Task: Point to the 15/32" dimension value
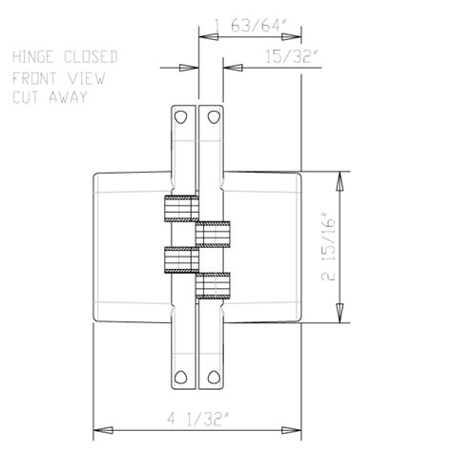click(289, 57)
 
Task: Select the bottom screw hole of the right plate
click(213, 374)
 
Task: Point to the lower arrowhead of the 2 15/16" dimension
click(340, 318)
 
